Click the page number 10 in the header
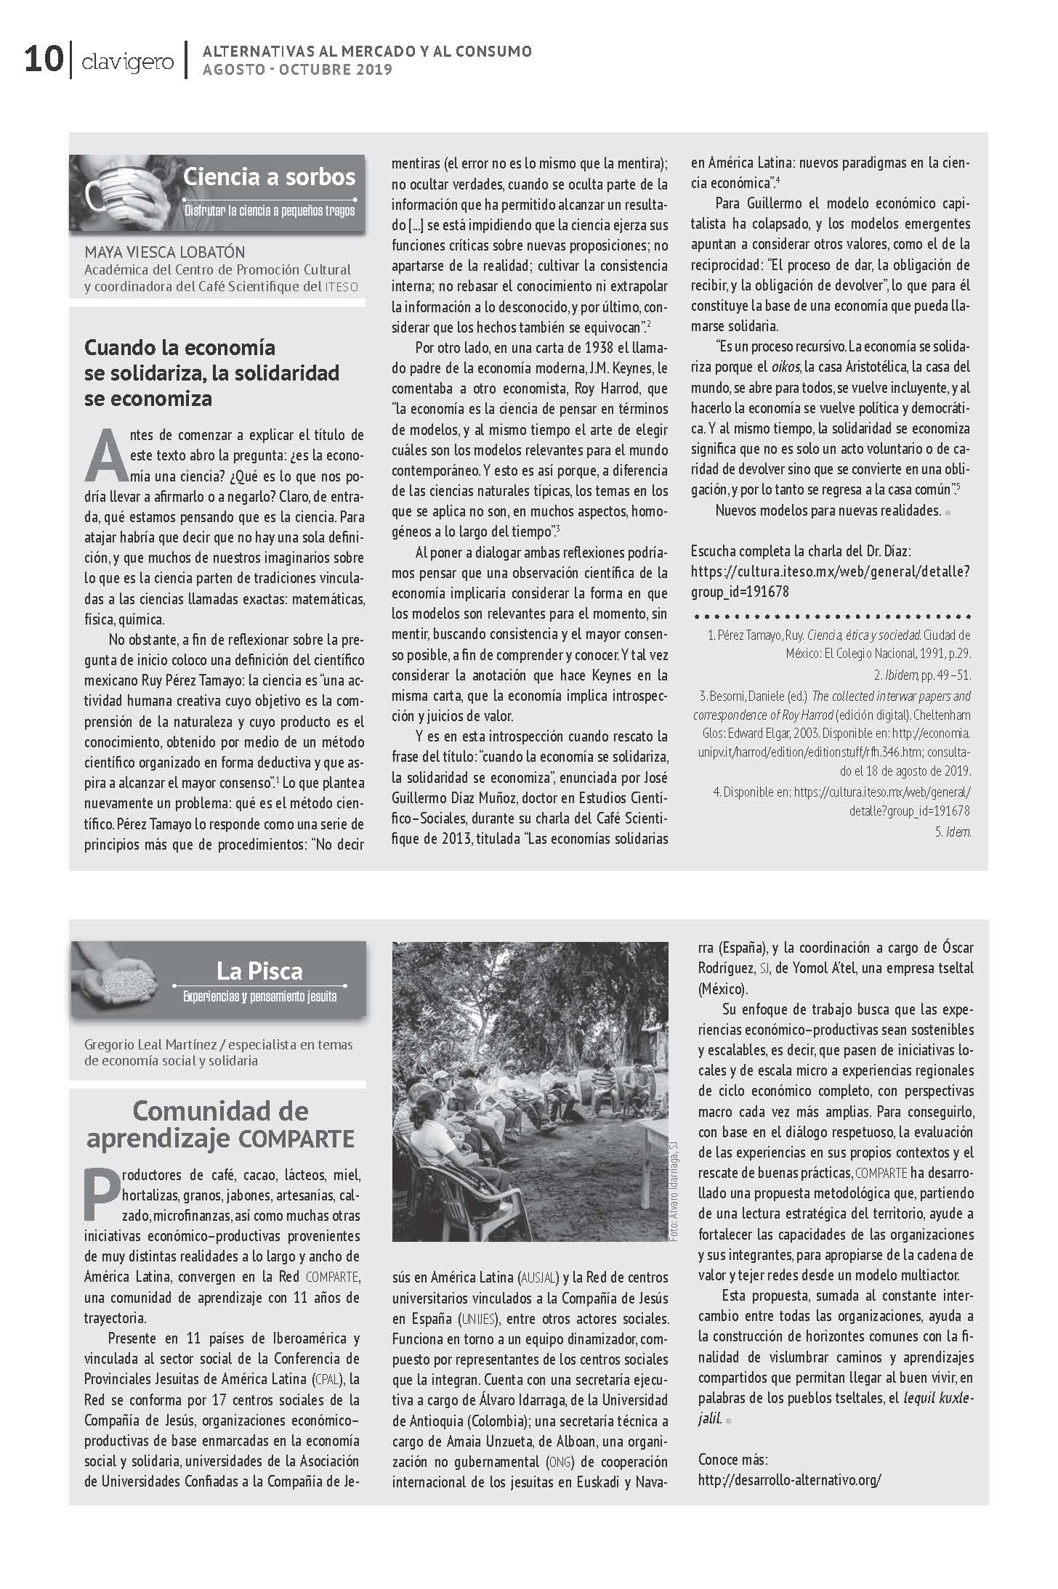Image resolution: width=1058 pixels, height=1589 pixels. pyautogui.click(x=43, y=60)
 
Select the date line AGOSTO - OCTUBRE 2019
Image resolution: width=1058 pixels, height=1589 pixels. pyautogui.click(x=297, y=70)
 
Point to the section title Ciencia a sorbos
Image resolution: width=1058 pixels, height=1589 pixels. pyautogui.click(x=269, y=176)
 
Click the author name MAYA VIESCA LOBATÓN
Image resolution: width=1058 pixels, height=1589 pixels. pyautogui.click(x=165, y=253)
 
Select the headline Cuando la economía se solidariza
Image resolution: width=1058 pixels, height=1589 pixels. pyautogui.click(x=211, y=373)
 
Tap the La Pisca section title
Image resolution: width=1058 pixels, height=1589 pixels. pyautogui.click(x=259, y=971)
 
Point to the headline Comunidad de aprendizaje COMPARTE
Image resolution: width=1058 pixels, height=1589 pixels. pyautogui.click(x=220, y=1124)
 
